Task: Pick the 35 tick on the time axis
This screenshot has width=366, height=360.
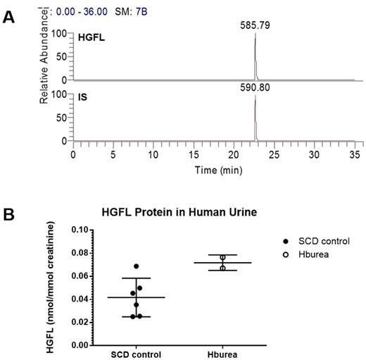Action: click(354, 153)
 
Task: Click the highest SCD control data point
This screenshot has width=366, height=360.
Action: click(137, 266)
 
